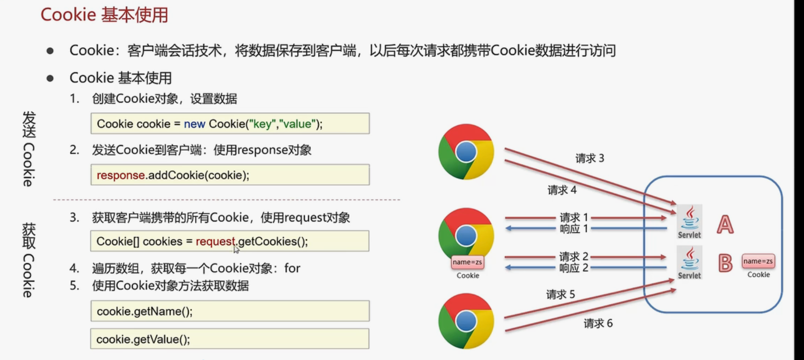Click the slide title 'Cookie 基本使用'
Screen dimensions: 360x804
click(x=104, y=15)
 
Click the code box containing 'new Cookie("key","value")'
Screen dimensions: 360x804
click(x=230, y=124)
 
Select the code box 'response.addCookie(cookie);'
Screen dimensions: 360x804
click(x=230, y=175)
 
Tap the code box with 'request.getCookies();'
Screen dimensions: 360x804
click(x=230, y=241)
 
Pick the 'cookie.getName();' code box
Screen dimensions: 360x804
click(x=230, y=311)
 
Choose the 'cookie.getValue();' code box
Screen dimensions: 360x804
click(x=230, y=339)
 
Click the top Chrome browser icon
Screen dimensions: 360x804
click(x=466, y=152)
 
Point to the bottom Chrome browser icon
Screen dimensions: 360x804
click(x=466, y=321)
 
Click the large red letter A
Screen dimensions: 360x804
click(x=725, y=225)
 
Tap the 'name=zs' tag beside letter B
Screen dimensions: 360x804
click(x=758, y=261)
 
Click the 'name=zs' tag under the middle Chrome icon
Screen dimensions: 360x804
click(x=467, y=262)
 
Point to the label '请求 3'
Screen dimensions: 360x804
click(x=590, y=159)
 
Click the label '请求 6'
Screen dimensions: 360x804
click(x=598, y=324)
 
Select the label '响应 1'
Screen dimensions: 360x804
click(x=574, y=229)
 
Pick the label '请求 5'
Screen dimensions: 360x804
click(x=560, y=295)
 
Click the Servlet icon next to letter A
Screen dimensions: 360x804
click(x=689, y=222)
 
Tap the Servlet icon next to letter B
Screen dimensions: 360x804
click(x=689, y=263)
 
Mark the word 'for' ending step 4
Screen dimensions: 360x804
click(x=292, y=269)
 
